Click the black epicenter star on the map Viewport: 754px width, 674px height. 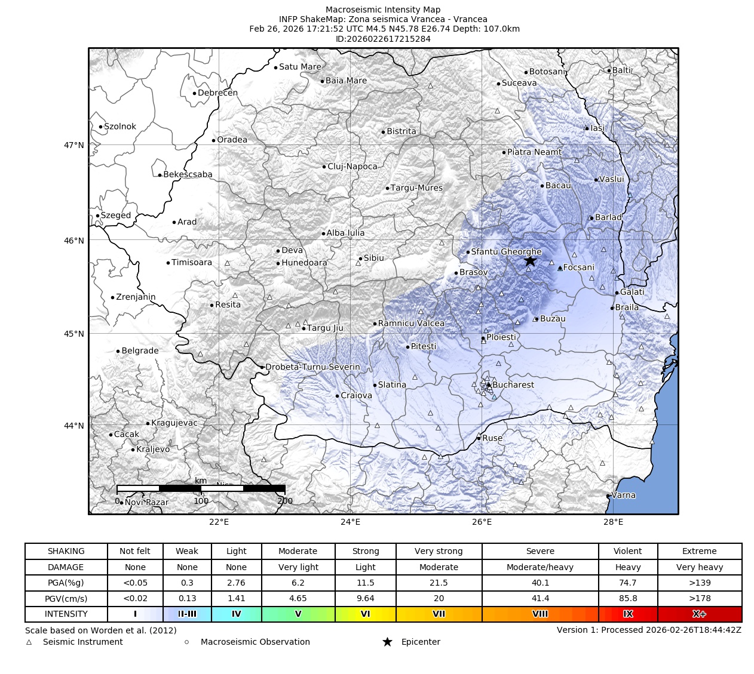pyautogui.click(x=530, y=261)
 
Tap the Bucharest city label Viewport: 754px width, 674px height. pyautogui.click(x=513, y=385)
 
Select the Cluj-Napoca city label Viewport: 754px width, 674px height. pyautogui.click(x=353, y=167)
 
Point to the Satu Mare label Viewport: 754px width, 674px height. pyautogui.click(x=300, y=67)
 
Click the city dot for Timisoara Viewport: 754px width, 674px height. pyautogui.click(x=168, y=263)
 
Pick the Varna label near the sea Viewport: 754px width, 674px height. pyautogui.click(x=624, y=495)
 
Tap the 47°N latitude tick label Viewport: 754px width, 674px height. pyautogui.click(x=74, y=145)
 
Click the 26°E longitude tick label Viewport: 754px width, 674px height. pyautogui.click(x=482, y=522)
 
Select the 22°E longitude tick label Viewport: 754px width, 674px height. pyautogui.click(x=219, y=522)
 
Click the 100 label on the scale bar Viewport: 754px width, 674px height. pyautogui.click(x=201, y=501)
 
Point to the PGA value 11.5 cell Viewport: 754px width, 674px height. pyautogui.click(x=365, y=583)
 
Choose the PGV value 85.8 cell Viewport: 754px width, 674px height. pyautogui.click(x=627, y=598)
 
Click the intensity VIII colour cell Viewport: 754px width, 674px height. pyautogui.click(x=540, y=614)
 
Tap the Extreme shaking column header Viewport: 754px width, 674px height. pyautogui.click(x=699, y=551)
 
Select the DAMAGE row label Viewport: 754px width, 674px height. pyautogui.click(x=66, y=567)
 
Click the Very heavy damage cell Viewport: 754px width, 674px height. pyautogui.click(x=699, y=567)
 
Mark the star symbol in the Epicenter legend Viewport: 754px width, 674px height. pyautogui.click(x=387, y=642)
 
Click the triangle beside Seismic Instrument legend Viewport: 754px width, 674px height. pyautogui.click(x=29, y=642)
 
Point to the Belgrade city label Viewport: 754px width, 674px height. pyautogui.click(x=140, y=351)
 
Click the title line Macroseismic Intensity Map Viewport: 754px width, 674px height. pyautogui.click(x=383, y=10)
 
